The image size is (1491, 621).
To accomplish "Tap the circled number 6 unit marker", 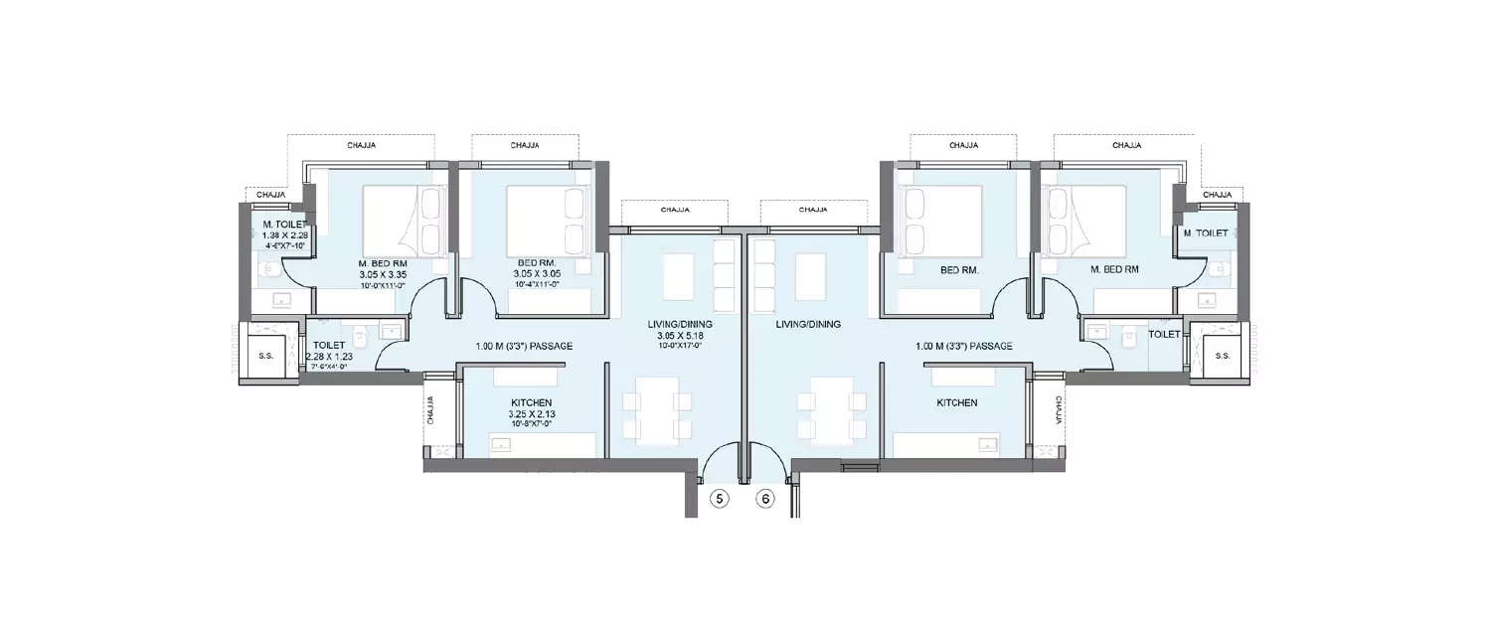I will [x=765, y=500].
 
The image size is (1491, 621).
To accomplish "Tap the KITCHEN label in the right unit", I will [x=956, y=403].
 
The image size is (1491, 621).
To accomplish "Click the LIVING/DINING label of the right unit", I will [x=809, y=324].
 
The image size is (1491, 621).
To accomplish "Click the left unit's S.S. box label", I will [x=265, y=355].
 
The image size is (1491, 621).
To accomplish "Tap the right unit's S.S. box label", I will [x=1223, y=355].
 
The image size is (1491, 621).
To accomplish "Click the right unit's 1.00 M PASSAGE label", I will [x=963, y=346].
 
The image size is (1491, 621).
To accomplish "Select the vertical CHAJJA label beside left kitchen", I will [x=431, y=409].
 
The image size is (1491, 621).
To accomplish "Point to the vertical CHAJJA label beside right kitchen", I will [x=1058, y=409].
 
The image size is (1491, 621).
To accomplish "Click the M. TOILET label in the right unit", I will [x=1206, y=233].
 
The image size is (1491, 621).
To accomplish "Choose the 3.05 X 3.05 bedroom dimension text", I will [x=537, y=273].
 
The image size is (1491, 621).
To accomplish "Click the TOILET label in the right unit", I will [x=1164, y=335].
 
